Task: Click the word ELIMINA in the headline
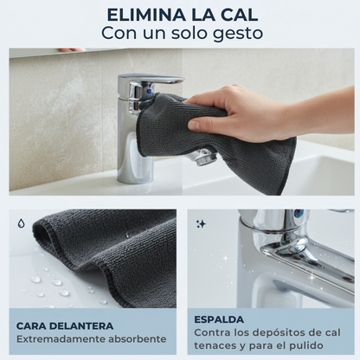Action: coord(145,15)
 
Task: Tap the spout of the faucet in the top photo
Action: coord(202,157)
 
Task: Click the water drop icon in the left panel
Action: coord(21,222)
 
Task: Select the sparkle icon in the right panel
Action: coord(200,223)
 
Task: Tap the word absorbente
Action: coord(137,340)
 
